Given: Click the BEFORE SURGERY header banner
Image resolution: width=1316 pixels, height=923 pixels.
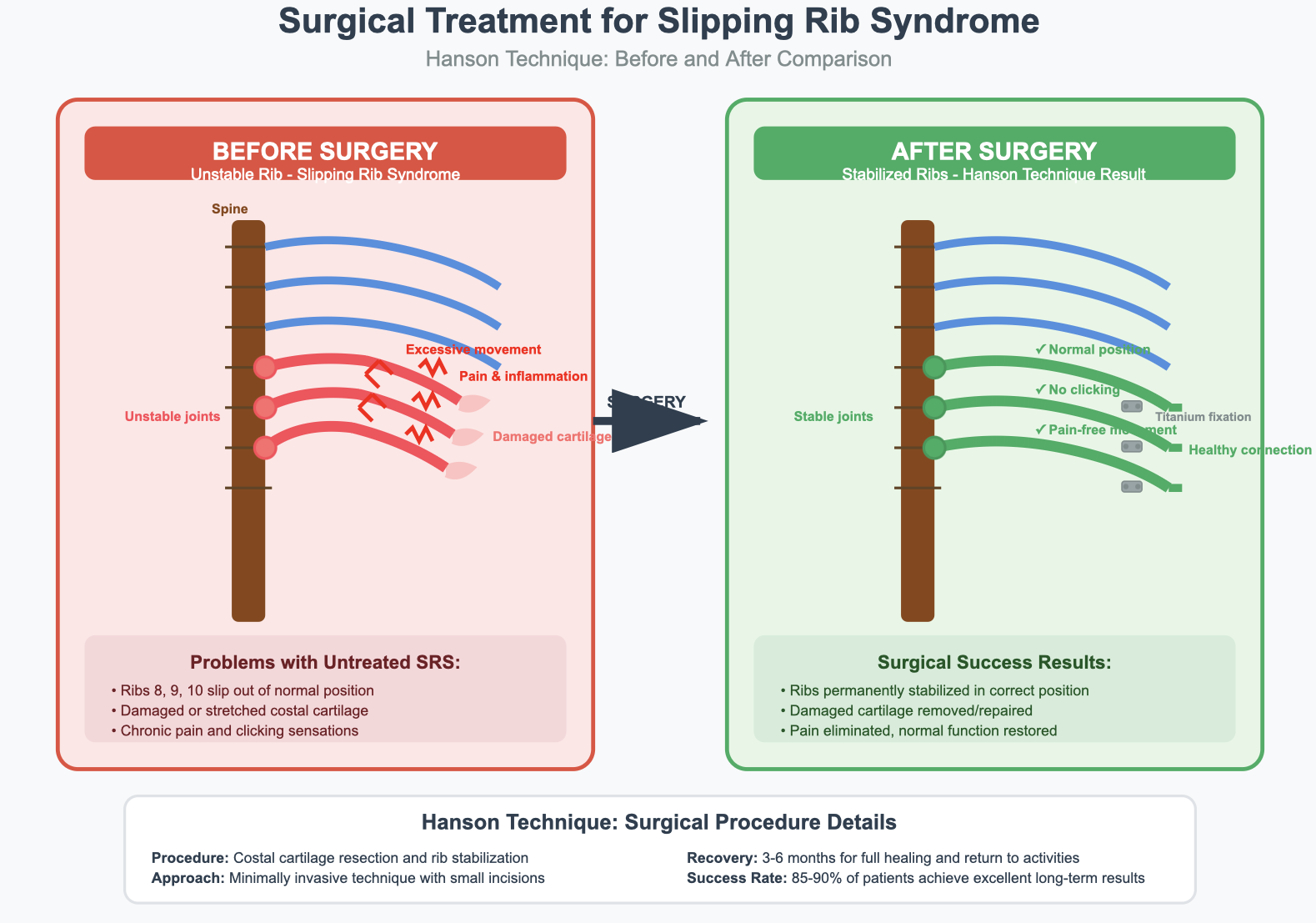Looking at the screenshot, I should click(x=325, y=153).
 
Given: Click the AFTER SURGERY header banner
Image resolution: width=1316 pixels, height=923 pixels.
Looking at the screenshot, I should click(x=993, y=153).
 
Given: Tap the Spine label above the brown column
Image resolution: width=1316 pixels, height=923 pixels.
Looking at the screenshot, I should click(x=230, y=209).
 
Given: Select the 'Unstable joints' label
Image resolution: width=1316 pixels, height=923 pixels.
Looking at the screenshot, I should click(x=173, y=417).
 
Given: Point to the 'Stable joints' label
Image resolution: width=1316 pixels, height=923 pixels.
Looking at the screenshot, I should click(x=833, y=417).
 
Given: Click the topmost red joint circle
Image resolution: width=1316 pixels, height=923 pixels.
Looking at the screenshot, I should click(x=264, y=367).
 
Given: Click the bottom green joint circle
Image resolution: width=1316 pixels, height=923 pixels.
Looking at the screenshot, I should click(x=934, y=448).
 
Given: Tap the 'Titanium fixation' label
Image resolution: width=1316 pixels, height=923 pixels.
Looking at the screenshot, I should click(x=1203, y=417).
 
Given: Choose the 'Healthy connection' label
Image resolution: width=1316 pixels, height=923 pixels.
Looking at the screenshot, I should click(x=1249, y=450).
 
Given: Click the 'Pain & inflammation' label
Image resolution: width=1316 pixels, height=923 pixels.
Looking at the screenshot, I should click(x=523, y=377).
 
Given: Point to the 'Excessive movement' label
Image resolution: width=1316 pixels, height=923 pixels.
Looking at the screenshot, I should click(x=473, y=350).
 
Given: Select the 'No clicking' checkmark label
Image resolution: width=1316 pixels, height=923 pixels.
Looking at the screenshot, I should click(x=1077, y=390).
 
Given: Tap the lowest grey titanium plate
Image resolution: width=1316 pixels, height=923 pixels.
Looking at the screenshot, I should click(x=1132, y=486).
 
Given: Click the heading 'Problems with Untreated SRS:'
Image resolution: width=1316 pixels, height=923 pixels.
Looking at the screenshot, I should click(x=325, y=663).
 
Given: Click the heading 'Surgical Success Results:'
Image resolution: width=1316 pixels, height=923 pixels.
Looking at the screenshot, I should click(x=994, y=663).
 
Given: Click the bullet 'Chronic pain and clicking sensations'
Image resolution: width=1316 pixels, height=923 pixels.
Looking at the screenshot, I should click(x=239, y=731).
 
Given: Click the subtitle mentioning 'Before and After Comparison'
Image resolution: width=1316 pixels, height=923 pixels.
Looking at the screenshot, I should click(x=658, y=59).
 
